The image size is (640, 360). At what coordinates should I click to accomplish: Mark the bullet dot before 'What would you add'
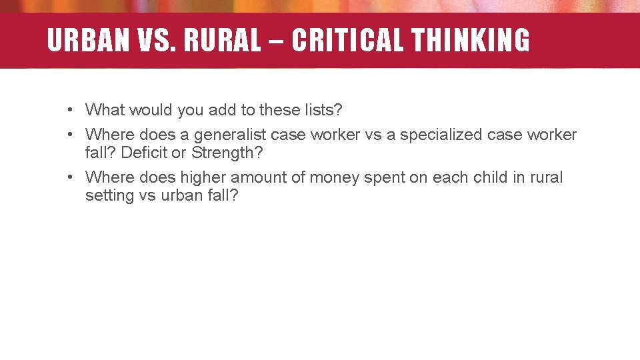69,109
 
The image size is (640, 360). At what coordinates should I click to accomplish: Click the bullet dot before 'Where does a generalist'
69,135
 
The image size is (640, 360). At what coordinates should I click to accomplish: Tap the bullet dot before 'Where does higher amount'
69,178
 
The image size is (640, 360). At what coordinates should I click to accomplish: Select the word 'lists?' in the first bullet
324,109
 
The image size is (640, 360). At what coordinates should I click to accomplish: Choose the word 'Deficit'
145,153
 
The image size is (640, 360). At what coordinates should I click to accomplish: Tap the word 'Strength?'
227,153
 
